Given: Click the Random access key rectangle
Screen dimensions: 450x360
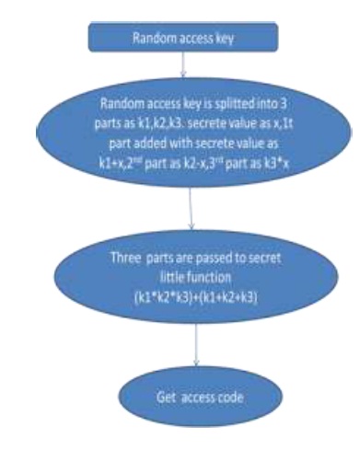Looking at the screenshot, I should pyautogui.click(x=182, y=40).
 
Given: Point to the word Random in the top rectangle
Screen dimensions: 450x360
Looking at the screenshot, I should pyautogui.click(x=150, y=40).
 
